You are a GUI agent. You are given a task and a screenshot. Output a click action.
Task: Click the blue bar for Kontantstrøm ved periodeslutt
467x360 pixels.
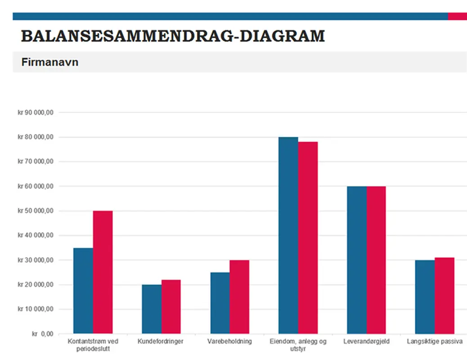83,291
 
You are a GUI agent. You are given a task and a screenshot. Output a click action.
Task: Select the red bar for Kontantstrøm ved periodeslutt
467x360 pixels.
103,272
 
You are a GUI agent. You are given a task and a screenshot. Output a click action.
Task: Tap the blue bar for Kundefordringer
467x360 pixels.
152,309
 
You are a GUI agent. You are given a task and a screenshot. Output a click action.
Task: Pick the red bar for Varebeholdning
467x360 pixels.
239,297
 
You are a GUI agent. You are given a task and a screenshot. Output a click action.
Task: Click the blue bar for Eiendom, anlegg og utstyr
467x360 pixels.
288,235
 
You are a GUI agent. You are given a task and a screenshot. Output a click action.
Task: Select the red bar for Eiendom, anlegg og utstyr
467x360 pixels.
308,238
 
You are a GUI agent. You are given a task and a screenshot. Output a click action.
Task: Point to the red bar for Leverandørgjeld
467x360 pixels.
376,260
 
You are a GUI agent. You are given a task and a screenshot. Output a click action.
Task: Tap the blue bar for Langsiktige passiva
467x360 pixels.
425,297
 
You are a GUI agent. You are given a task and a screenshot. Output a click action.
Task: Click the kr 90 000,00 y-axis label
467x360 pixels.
36,112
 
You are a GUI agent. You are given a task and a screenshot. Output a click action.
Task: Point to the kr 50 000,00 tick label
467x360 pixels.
36,211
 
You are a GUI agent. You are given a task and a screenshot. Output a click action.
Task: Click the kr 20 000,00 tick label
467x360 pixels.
36,284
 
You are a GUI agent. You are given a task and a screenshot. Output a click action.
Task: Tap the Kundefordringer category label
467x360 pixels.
161,342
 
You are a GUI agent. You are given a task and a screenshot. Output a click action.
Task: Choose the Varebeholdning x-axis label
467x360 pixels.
229,342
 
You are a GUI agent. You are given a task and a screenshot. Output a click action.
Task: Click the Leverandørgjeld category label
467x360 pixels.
366,342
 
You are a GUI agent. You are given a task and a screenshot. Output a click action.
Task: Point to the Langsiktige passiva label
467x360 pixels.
435,342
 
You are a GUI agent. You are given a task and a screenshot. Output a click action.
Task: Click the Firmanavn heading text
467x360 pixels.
50,62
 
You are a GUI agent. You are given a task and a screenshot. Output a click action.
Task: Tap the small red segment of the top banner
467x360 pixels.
457,17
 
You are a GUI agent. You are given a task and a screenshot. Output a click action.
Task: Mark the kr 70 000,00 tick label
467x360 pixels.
36,162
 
